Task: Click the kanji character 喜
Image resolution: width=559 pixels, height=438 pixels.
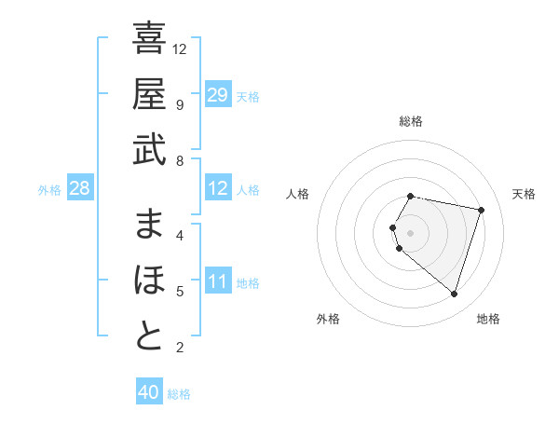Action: (x=149, y=40)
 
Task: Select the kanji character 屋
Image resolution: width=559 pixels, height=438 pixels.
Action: (x=149, y=95)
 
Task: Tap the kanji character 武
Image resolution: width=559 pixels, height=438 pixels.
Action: (x=149, y=150)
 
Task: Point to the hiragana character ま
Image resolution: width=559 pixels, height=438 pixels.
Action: (x=149, y=225)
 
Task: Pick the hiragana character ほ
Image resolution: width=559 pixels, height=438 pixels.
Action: (x=149, y=281)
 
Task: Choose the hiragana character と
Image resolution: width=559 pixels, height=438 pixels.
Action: (x=149, y=336)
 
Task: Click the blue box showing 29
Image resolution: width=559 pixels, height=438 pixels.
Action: (x=218, y=95)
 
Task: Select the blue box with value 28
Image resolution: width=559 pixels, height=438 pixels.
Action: (x=79, y=189)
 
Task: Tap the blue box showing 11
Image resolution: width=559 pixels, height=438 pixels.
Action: (x=218, y=281)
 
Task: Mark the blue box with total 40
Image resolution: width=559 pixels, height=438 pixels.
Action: (x=149, y=392)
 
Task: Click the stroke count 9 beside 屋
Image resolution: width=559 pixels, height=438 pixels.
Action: (x=180, y=104)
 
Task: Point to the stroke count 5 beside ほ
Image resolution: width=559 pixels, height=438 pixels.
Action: (x=180, y=292)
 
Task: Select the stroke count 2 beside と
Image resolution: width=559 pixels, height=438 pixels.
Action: (x=180, y=348)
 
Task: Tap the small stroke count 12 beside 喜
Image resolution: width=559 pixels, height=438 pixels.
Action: (x=180, y=48)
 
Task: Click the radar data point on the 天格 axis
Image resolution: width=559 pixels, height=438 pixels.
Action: (x=481, y=211)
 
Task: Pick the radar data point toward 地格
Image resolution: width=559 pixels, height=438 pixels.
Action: (x=454, y=294)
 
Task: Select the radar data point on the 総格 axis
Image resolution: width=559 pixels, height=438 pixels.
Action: (x=411, y=197)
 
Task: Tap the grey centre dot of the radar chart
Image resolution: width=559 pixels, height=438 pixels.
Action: (x=411, y=232)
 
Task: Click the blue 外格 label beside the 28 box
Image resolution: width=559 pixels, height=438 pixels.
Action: (x=49, y=190)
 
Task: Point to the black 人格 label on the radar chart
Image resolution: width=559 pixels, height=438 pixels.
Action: (x=297, y=194)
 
